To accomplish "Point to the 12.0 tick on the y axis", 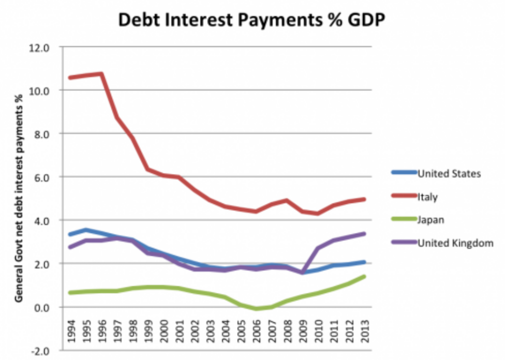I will pyautogui.click(x=41, y=47).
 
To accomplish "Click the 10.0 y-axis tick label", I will pyautogui.click(x=41, y=91).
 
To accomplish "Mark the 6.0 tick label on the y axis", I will pyautogui.click(x=43, y=177).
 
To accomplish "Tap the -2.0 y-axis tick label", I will pyautogui.click(x=41, y=351).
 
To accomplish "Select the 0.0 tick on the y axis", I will pyautogui.click(x=43, y=307).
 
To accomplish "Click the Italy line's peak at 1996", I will pyautogui.click(x=101, y=73).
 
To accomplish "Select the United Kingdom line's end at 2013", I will pyautogui.click(x=364, y=234).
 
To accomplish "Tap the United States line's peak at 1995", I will pyautogui.click(x=86, y=230).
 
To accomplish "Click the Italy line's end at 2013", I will pyautogui.click(x=364, y=199).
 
